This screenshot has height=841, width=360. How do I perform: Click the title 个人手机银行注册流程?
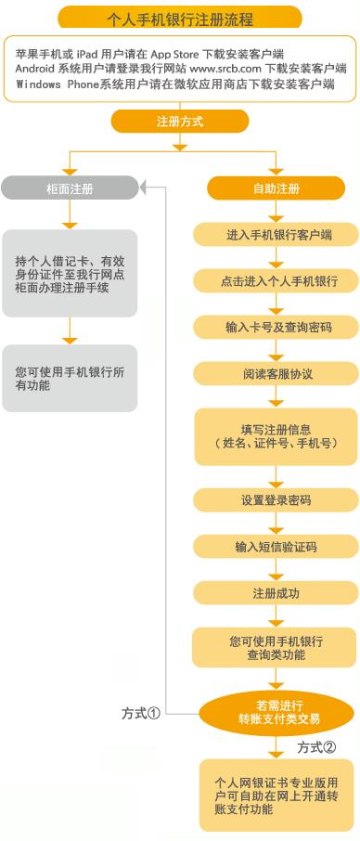[x=180, y=18]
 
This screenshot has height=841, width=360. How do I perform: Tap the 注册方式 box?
[x=180, y=122]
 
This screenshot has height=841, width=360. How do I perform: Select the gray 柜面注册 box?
[x=70, y=188]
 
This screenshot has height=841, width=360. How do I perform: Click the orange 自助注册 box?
[x=276, y=188]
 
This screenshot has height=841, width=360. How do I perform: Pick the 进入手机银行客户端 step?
[x=276, y=235]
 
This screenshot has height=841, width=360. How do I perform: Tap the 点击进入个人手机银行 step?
[x=276, y=280]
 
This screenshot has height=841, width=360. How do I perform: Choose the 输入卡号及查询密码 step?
[x=276, y=327]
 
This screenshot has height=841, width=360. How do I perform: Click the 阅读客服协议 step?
[x=276, y=373]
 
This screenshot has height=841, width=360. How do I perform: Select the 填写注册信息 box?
[x=276, y=436]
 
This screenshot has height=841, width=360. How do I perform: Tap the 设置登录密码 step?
[x=276, y=500]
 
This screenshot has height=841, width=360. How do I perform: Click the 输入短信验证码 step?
[x=276, y=547]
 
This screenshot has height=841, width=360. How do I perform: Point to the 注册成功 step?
[x=276, y=593]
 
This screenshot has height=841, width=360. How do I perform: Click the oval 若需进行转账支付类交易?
[x=276, y=711]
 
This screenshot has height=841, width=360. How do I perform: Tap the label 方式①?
[x=142, y=713]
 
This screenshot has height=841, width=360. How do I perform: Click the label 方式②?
[x=315, y=746]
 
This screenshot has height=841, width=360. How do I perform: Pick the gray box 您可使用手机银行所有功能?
[x=70, y=378]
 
